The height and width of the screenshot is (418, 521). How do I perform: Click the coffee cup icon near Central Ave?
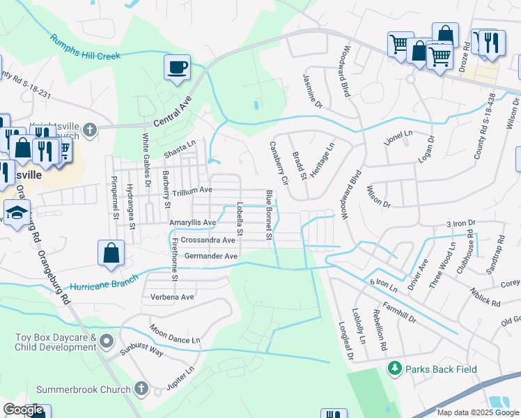[177, 68]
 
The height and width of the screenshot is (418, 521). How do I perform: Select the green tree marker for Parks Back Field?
[395, 367]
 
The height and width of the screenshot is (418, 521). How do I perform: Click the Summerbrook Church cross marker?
[141, 387]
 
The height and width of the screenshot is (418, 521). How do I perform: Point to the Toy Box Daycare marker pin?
[106, 341]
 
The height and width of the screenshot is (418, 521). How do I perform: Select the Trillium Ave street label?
[192, 189]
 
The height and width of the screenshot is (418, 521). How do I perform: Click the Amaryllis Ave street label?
[193, 223]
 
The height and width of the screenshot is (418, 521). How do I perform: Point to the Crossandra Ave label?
[208, 240]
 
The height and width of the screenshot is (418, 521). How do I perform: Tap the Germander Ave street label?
[211, 256]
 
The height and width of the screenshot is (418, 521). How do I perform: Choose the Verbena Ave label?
[172, 297]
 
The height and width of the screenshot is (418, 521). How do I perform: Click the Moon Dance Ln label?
[175, 334]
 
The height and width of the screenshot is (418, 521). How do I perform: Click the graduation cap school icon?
[16, 212]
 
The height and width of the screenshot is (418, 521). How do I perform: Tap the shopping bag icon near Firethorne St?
[111, 252]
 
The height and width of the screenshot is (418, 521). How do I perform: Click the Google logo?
[24, 410]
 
